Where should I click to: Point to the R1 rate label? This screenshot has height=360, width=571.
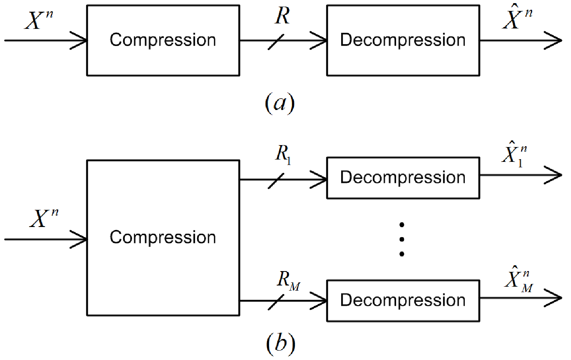pyautogui.click(x=283, y=154)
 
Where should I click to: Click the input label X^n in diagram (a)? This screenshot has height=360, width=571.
pyautogui.click(x=39, y=20)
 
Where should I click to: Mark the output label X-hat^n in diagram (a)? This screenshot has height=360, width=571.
pyautogui.click(x=518, y=16)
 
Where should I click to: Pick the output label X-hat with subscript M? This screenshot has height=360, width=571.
pyautogui.click(x=518, y=279)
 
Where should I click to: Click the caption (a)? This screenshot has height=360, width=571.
pyautogui.click(x=280, y=103)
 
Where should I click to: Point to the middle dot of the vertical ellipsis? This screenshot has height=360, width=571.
pyautogui.click(x=402, y=239)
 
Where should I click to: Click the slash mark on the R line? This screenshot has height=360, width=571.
pyautogui.click(x=276, y=42)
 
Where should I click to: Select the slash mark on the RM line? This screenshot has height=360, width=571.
pyautogui.click(x=276, y=302)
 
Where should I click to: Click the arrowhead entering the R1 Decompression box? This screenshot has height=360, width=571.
pyautogui.click(x=318, y=180)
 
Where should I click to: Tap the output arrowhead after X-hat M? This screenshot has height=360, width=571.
pyautogui.click(x=553, y=298)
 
